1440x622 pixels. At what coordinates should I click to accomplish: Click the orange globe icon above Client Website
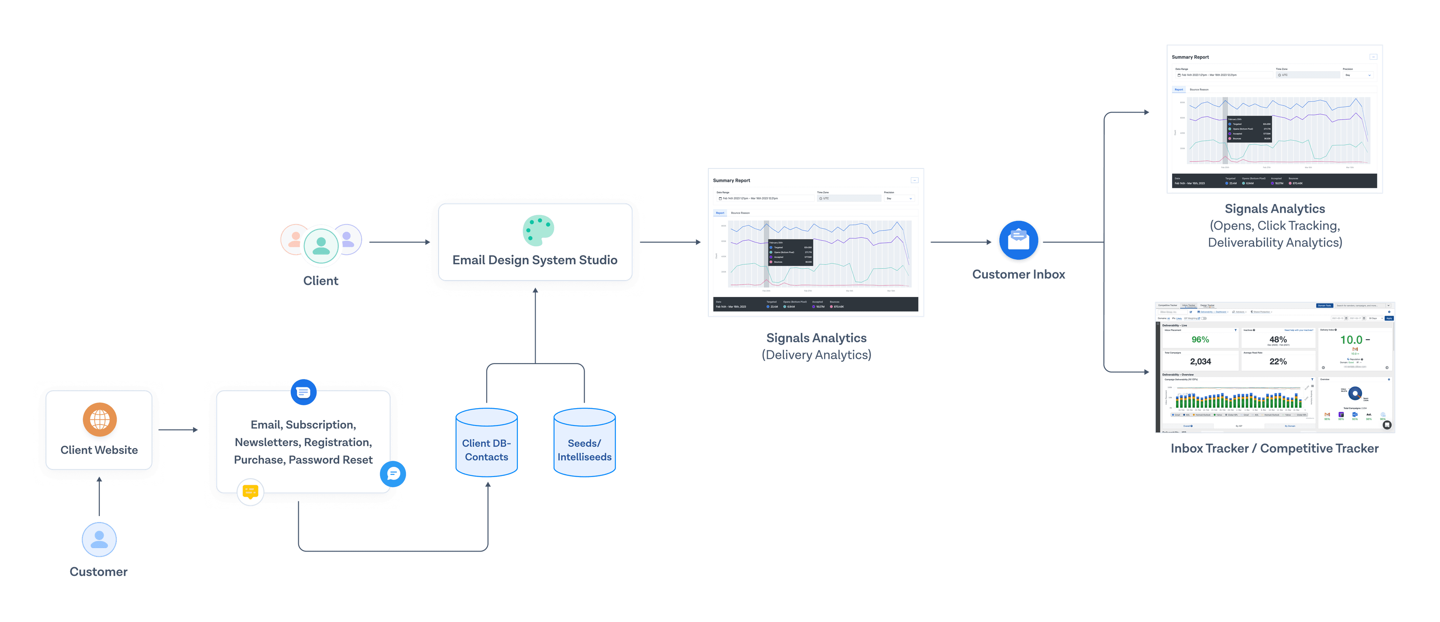[x=99, y=419]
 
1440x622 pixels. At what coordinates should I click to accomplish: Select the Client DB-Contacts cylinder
[x=486, y=443]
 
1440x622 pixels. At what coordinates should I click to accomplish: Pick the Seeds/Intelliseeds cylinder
[x=584, y=443]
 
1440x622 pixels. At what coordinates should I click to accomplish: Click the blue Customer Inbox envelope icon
[x=1018, y=241]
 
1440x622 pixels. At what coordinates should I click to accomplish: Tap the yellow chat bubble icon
[x=250, y=492]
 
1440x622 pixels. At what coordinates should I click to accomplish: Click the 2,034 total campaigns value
[x=1200, y=361]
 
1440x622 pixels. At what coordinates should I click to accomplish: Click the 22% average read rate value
[x=1278, y=361]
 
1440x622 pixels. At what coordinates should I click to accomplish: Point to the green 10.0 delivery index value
[x=1351, y=339]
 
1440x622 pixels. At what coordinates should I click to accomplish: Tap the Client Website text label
[x=99, y=450]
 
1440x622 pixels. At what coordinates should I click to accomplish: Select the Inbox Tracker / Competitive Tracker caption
[x=1274, y=449]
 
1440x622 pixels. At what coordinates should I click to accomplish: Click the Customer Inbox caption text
[x=1018, y=274]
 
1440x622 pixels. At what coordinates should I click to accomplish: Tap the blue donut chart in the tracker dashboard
[x=1355, y=393]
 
